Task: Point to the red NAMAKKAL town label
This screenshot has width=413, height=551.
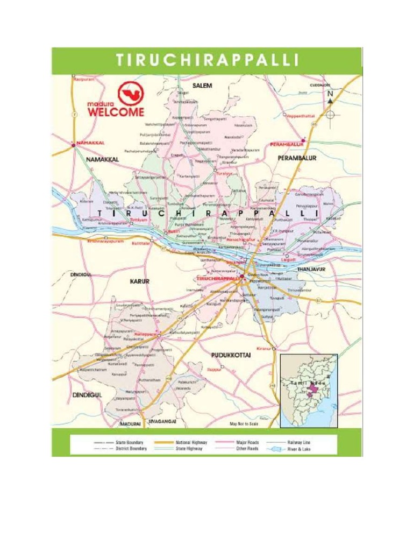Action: (90, 143)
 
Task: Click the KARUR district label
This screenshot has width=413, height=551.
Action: (140, 281)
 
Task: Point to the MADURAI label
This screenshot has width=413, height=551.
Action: (131, 424)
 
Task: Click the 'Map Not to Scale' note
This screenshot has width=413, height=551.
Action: (245, 424)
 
